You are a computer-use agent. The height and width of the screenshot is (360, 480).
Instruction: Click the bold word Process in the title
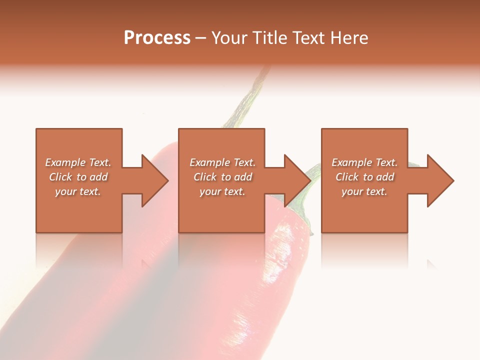tap(157, 38)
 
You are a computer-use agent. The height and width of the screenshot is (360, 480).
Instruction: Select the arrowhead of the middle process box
tap(297, 180)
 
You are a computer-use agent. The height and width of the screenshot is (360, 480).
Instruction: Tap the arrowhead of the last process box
tap(439, 180)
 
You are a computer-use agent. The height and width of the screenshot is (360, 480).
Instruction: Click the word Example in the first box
tap(65, 162)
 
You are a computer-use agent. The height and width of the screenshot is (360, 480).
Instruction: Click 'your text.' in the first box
tap(78, 191)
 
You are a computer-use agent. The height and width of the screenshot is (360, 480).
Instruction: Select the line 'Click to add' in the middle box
tap(222, 177)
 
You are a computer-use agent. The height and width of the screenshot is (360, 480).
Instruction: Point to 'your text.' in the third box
tap(364, 191)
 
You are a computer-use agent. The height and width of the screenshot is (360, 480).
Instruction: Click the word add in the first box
tap(98, 177)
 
